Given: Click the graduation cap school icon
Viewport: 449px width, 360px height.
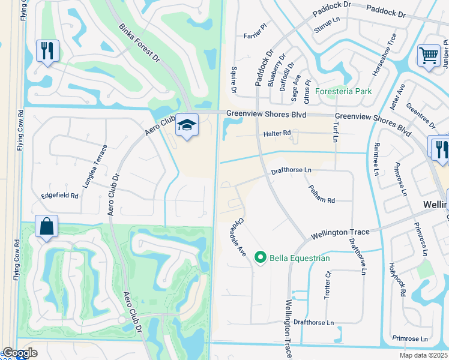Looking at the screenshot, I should click(x=187, y=126).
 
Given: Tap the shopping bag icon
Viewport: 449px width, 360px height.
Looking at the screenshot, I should click(x=46, y=227).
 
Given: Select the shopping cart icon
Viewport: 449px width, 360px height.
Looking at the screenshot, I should click(x=429, y=55).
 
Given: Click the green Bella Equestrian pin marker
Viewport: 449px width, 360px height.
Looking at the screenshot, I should click(x=260, y=257).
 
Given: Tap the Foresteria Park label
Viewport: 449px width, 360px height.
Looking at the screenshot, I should click(x=343, y=91).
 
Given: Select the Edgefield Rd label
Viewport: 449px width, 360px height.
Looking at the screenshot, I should click(x=59, y=196).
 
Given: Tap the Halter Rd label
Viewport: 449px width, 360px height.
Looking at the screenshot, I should click(x=276, y=133).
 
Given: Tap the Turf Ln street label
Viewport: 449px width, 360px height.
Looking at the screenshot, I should click(x=335, y=131).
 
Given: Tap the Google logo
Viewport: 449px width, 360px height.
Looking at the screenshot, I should click(x=20, y=353).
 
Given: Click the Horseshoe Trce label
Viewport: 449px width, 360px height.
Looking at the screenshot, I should click(x=384, y=55).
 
